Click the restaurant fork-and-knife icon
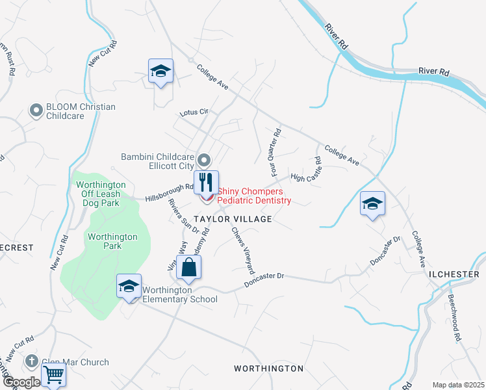[206, 181]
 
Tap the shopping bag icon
[188, 267]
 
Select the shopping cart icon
[54, 375]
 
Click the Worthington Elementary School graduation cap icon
[129, 286]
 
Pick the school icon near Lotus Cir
[160, 71]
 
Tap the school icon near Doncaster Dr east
[373, 203]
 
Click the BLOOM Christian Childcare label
[81, 111]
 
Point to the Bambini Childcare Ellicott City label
[158, 161]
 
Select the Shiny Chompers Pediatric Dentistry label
[254, 196]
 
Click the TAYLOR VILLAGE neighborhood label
[231, 220]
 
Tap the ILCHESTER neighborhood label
[454, 274]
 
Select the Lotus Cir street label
[194, 112]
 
